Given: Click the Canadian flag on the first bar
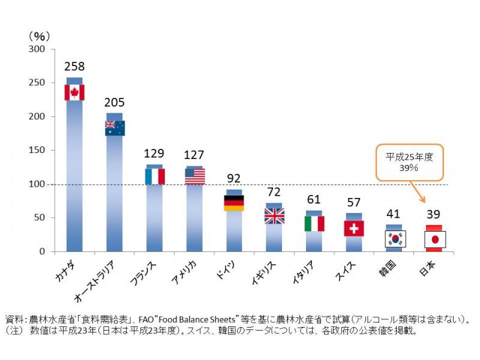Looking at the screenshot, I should click(74, 92).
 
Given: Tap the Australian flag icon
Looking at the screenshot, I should click(115, 128).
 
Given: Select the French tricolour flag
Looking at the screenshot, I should click(155, 176).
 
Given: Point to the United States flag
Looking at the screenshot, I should click(195, 176).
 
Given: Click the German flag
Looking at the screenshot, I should click(234, 203).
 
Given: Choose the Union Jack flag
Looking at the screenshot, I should click(274, 216).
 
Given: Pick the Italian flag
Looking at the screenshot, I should click(314, 224).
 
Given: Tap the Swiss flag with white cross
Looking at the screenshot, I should click(354, 228).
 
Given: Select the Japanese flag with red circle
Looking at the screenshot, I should click(434, 239).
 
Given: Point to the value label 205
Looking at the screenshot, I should click(115, 103).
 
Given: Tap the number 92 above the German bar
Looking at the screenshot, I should click(234, 178).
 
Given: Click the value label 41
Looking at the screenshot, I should click(394, 213).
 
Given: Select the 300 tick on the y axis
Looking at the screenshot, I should click(37, 49).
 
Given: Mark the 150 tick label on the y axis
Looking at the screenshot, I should click(37, 151).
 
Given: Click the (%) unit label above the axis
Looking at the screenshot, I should click(38, 36).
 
